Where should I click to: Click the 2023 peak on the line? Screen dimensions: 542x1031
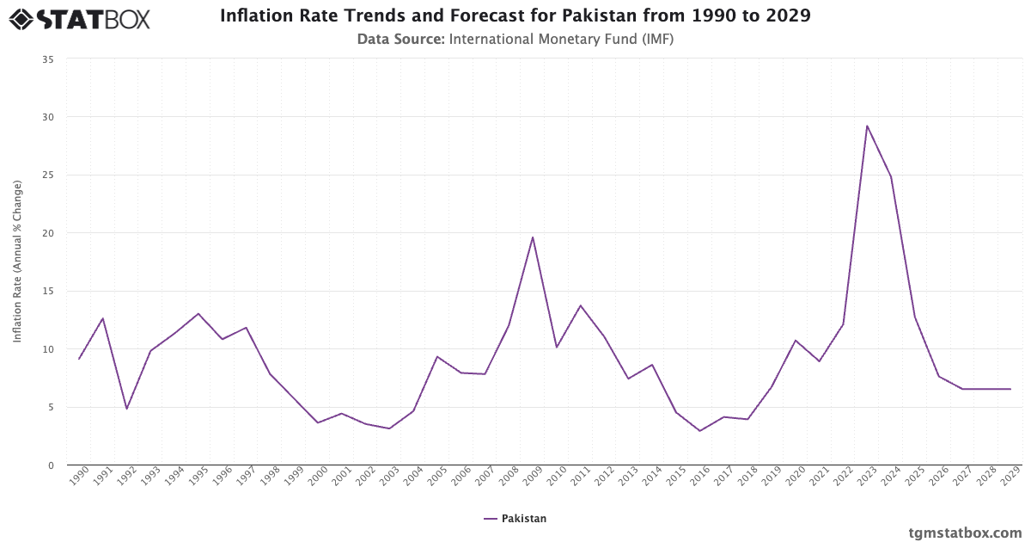867,126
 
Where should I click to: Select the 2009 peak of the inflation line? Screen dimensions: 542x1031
533,237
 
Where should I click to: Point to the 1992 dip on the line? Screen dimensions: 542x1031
126,409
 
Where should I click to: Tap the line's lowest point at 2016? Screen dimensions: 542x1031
700,431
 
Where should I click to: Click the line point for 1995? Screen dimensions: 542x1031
198,313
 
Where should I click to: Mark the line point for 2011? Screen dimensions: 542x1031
581,305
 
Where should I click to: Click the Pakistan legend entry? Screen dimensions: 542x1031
515,519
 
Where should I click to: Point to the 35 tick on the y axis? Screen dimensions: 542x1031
48,59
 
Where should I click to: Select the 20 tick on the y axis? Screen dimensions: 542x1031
48,233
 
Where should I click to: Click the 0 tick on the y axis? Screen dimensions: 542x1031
51,465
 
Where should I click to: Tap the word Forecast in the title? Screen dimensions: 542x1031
461,16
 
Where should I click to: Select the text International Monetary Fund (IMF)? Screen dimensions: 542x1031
561,39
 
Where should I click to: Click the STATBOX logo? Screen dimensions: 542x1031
80,18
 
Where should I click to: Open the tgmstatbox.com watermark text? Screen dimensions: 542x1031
966,533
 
